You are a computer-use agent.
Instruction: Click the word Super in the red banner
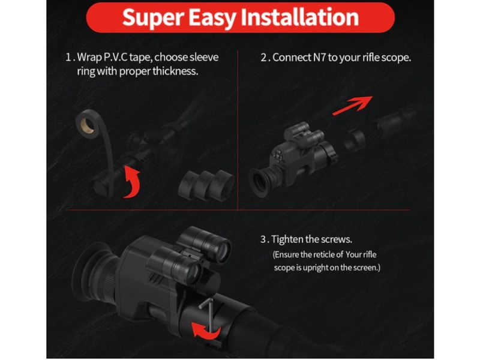(x=152, y=18)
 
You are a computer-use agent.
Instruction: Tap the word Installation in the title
(x=299, y=17)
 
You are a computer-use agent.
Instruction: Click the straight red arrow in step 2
(x=353, y=106)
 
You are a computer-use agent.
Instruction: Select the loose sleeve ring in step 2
(x=354, y=140)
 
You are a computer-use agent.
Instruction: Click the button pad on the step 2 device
(x=277, y=156)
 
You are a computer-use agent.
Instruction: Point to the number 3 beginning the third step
(x=263, y=239)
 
